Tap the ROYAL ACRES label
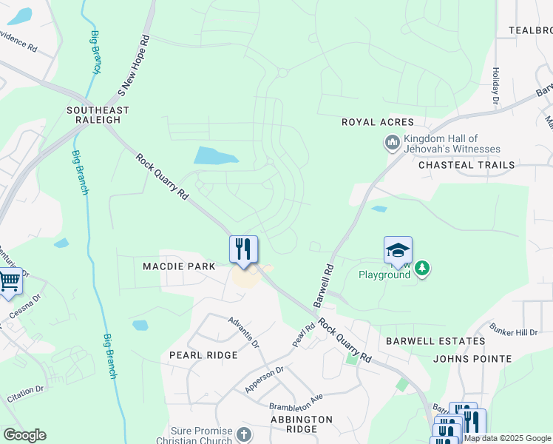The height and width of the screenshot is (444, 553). tap(377, 122)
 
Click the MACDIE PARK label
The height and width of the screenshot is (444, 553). tap(180, 266)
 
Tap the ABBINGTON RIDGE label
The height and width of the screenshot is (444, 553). tap(301, 425)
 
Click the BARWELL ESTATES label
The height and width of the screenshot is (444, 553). tap(435, 341)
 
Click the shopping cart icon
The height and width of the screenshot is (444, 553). tap(9, 281)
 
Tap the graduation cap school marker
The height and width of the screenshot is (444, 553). tap(398, 250)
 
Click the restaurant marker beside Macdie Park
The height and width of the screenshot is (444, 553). tap(243, 249)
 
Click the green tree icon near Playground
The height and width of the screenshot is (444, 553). tap(421, 267)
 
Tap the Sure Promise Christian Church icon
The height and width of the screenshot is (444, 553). tap(245, 434)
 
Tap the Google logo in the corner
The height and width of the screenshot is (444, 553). tap(24, 435)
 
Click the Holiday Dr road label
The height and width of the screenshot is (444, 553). tap(495, 86)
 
